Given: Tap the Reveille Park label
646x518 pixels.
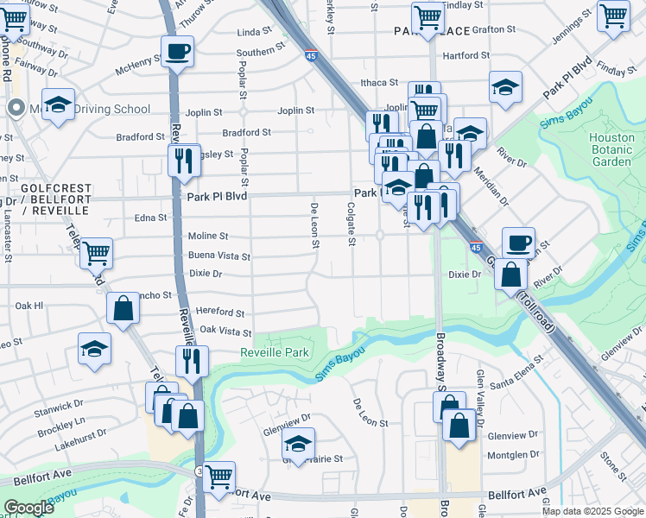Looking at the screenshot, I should point(274,352).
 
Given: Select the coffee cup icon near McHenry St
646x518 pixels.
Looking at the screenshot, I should point(177,52).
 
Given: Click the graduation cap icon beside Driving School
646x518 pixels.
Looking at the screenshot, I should point(58,104).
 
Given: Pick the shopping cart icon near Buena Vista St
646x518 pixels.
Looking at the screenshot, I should point(96,253).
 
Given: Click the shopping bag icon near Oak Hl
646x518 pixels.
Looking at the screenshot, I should point(123,308).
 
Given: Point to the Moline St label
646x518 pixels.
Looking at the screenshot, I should point(208,236).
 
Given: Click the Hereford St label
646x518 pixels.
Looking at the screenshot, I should point(221,313).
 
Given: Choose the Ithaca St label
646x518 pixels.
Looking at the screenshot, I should point(379,83).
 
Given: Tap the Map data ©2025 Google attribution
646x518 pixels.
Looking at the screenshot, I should point(592,511).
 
